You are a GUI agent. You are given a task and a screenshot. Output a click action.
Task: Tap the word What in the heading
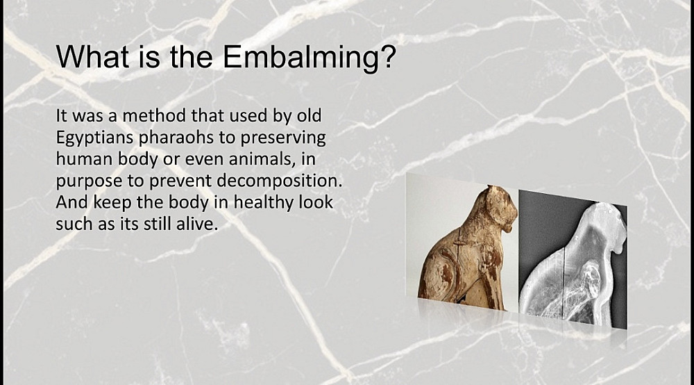tap(92, 56)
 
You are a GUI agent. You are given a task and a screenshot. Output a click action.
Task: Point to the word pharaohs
tap(176, 138)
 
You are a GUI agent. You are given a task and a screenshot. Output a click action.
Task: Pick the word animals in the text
tap(262, 160)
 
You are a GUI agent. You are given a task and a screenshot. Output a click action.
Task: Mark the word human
tap(84, 160)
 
